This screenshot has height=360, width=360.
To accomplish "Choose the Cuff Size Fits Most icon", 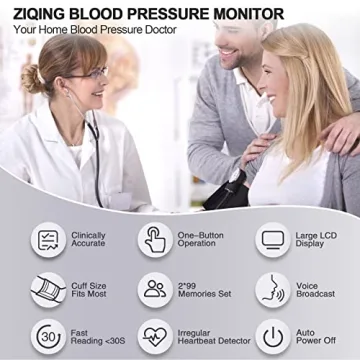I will click(x=48, y=288).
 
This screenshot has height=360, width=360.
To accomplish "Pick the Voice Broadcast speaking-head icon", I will click(x=272, y=288).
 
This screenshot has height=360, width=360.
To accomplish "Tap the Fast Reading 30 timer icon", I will click(x=48, y=335).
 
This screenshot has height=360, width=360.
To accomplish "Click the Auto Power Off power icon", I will click(x=272, y=335).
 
